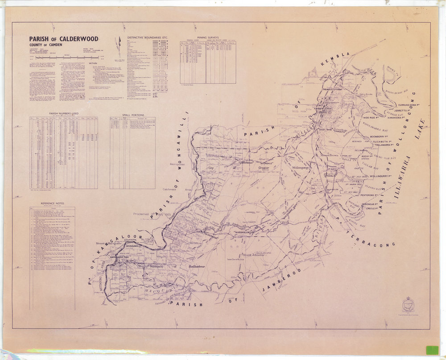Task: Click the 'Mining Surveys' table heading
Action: pyautogui.click(x=209, y=38)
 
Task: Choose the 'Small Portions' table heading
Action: pyautogui.click(x=132, y=114)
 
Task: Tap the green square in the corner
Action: pyautogui.click(x=432, y=350)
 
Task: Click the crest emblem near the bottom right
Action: pyautogui.click(x=408, y=305)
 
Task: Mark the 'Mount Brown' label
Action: pyautogui.click(x=330, y=155)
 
